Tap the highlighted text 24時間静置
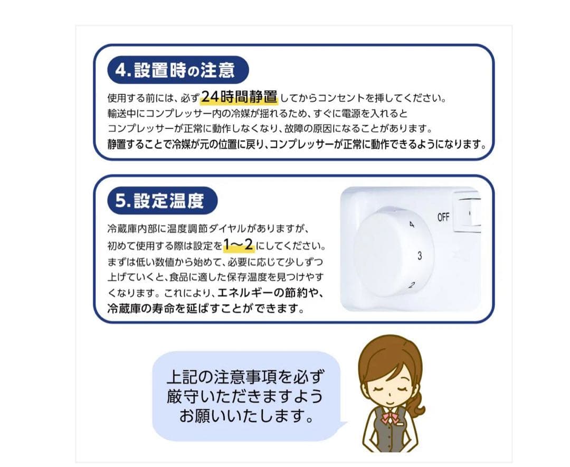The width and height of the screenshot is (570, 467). click(239, 97)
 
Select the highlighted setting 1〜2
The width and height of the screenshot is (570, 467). click(238, 245)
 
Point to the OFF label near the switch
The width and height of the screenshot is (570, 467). click(443, 217)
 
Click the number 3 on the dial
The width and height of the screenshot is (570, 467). click(419, 256)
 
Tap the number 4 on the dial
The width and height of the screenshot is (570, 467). click(412, 226)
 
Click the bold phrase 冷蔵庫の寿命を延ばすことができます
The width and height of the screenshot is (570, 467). click(206, 307)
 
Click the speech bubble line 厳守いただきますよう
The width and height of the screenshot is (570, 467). click(245, 396)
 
